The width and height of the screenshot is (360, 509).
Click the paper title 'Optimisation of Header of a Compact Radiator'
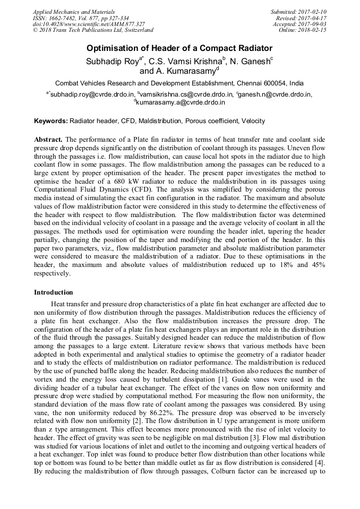coord(179,48)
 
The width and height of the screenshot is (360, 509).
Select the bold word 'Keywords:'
coord(51,122)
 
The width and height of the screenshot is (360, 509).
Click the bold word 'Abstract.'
coord(48,139)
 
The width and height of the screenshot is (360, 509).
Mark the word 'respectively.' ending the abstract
coord(52,274)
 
